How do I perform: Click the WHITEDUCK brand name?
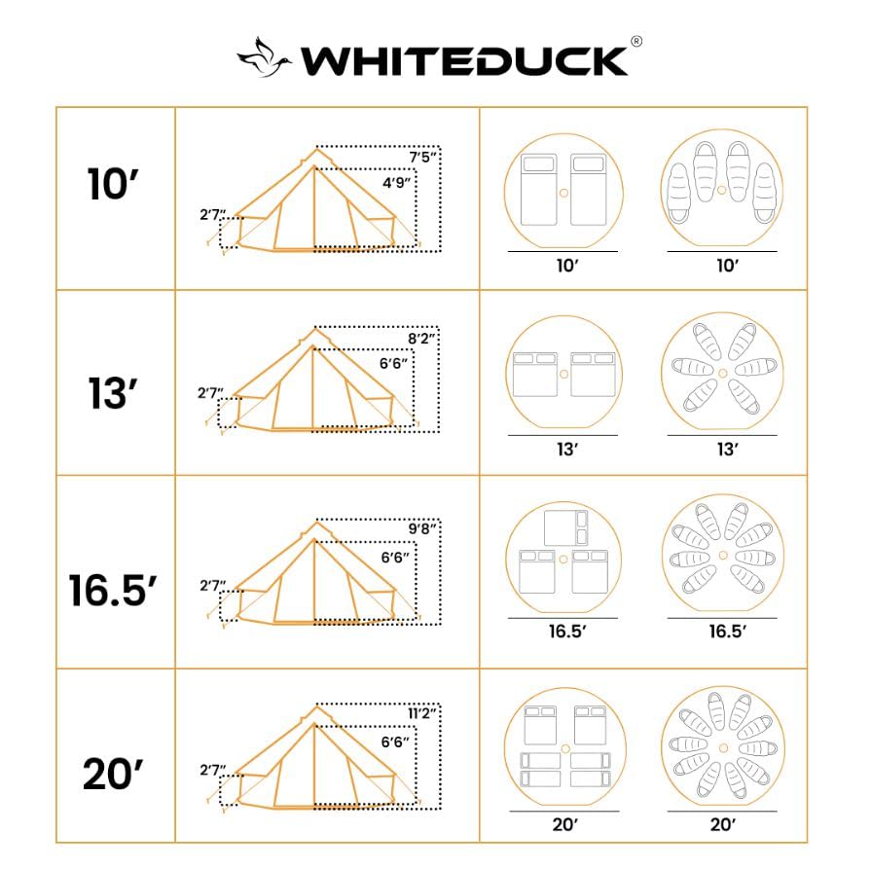click(x=463, y=59)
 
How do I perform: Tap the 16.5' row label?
click(x=113, y=589)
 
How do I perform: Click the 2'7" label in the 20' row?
click(x=210, y=770)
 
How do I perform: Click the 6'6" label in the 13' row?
click(x=393, y=364)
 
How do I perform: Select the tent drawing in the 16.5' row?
click(x=316, y=574)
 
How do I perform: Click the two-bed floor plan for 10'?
click(x=563, y=191)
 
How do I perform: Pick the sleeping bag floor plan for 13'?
click(x=722, y=375)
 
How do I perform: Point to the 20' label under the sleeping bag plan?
click(x=722, y=824)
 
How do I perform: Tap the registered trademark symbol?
click(x=635, y=42)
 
